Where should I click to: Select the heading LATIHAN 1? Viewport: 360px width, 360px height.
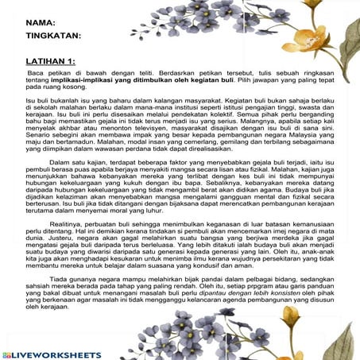[x=50, y=61]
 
